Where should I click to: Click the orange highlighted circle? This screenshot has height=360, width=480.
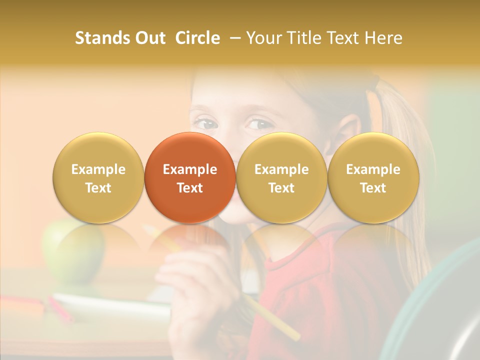pyautogui.click(x=190, y=177)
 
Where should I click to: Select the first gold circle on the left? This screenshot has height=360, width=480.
pyautogui.click(x=98, y=177)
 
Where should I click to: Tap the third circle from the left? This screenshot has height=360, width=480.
pyautogui.click(x=281, y=177)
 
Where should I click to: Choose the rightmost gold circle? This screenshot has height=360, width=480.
pyautogui.click(x=373, y=177)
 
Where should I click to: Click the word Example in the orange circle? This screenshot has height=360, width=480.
pyautogui.click(x=190, y=169)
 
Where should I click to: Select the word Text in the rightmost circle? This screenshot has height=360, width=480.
pyautogui.click(x=373, y=188)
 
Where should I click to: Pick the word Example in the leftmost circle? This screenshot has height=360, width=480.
pyautogui.click(x=98, y=169)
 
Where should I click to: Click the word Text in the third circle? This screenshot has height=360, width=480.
pyautogui.click(x=281, y=188)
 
